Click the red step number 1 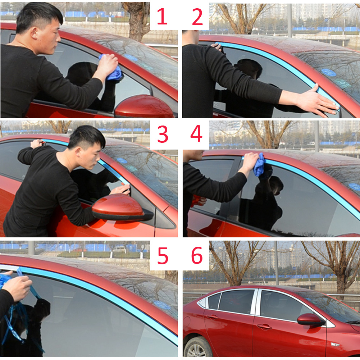tap(162, 16)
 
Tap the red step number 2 tap(197, 17)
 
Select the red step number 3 tap(163, 134)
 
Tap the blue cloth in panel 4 tap(259, 165)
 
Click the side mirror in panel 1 tap(144, 106)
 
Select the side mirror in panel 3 tap(120, 207)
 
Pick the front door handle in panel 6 tap(264, 326)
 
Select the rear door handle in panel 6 tap(212, 317)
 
